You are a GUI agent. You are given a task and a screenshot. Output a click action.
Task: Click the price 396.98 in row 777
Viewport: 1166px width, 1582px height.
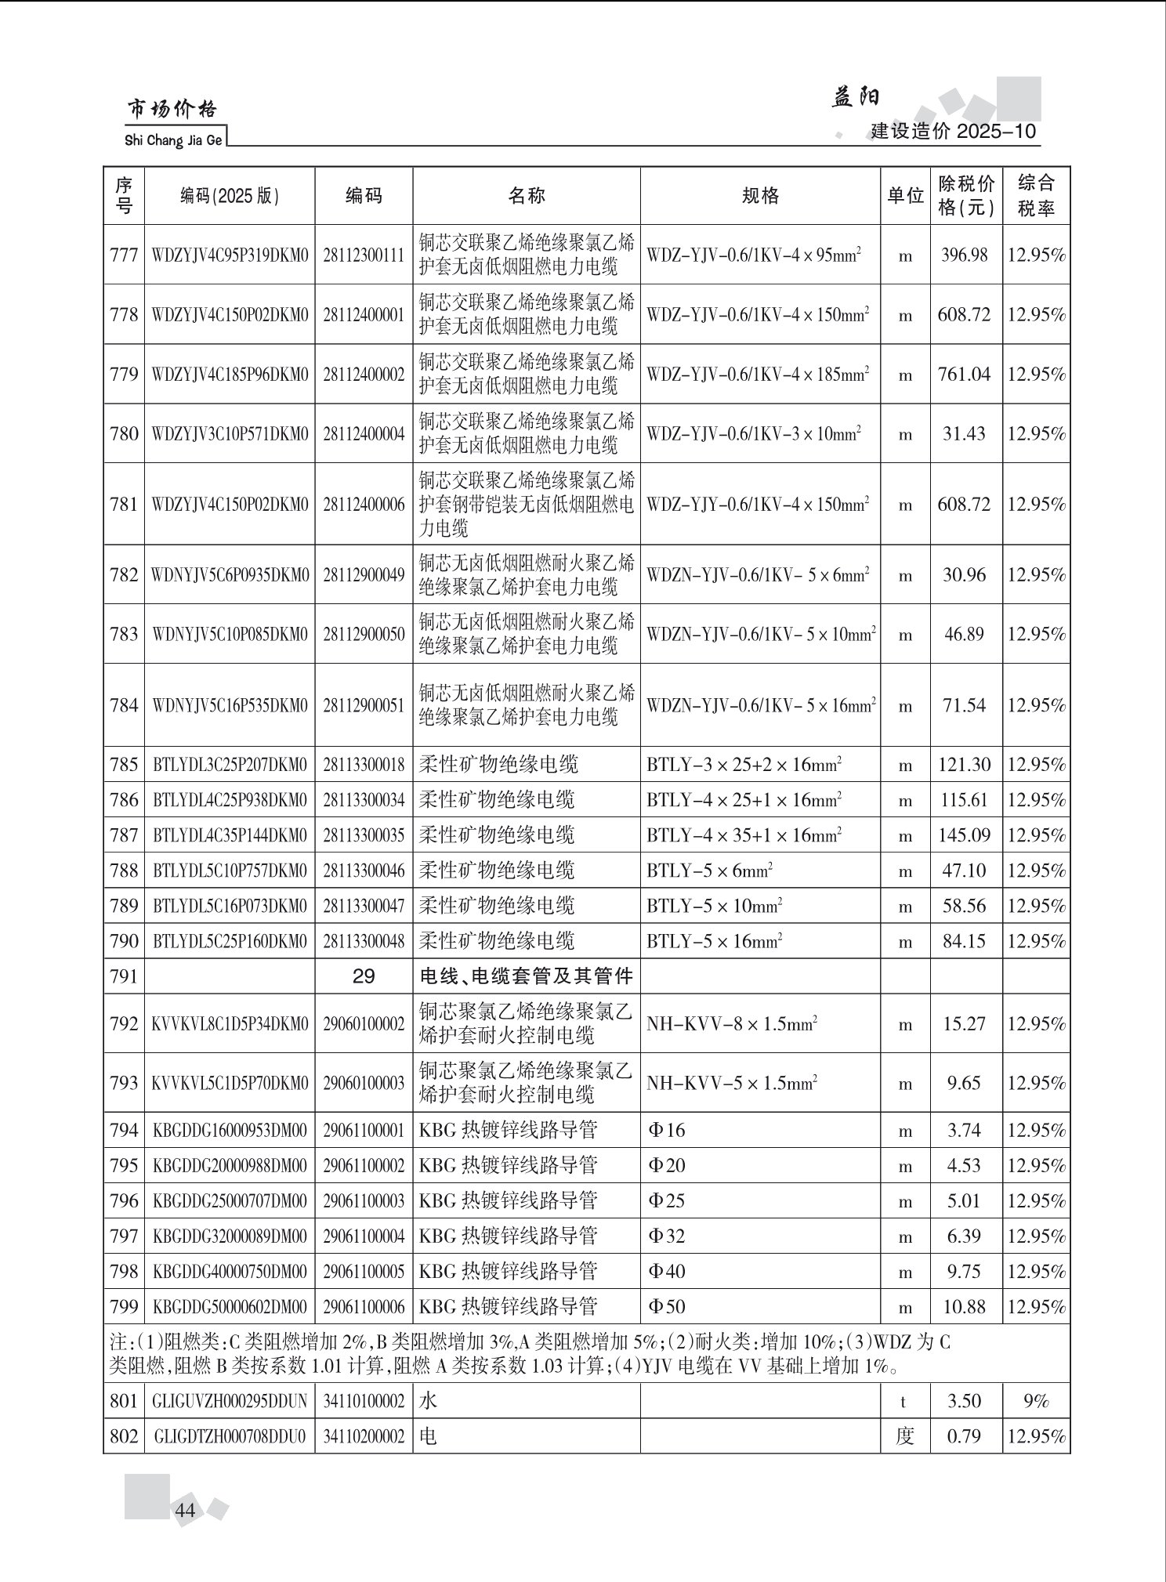(x=964, y=255)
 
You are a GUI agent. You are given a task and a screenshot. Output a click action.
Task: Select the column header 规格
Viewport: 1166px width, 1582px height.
(x=760, y=196)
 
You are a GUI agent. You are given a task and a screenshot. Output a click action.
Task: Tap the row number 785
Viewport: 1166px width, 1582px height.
(x=124, y=765)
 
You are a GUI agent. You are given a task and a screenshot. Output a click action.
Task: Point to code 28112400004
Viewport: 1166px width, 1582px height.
(x=364, y=434)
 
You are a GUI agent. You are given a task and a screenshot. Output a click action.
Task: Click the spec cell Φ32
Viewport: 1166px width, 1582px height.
(x=667, y=1236)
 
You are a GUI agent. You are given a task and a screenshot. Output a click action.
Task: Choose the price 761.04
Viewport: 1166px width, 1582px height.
(x=964, y=375)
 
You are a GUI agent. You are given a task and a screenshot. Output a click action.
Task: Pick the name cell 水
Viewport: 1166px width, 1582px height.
(x=429, y=1401)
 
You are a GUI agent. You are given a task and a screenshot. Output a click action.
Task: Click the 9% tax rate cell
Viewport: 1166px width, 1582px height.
(x=1036, y=1401)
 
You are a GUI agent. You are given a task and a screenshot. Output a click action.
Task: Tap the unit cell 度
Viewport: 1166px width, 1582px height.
(x=905, y=1436)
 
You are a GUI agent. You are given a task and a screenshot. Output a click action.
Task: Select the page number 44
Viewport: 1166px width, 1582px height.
(x=186, y=1511)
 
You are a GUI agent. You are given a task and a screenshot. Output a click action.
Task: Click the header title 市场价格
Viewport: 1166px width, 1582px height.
(x=172, y=110)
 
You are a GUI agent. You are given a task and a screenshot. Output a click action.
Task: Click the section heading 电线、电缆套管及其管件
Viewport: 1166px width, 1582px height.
(x=527, y=976)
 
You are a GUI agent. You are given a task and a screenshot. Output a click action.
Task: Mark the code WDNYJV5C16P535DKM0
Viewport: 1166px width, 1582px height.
(x=230, y=706)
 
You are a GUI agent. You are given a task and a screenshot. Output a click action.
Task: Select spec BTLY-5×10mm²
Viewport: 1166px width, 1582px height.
(x=715, y=907)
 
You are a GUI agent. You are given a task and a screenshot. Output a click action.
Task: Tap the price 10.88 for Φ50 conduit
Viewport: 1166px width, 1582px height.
(x=964, y=1307)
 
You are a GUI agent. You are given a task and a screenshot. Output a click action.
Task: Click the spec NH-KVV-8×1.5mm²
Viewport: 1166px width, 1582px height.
(x=732, y=1024)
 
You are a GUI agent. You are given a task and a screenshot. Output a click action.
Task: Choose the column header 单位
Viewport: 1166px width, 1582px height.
(x=905, y=196)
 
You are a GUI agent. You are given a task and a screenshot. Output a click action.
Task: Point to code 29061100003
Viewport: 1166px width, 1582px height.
(x=364, y=1201)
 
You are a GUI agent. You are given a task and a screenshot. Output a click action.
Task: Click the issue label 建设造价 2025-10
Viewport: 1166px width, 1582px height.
(x=954, y=131)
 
